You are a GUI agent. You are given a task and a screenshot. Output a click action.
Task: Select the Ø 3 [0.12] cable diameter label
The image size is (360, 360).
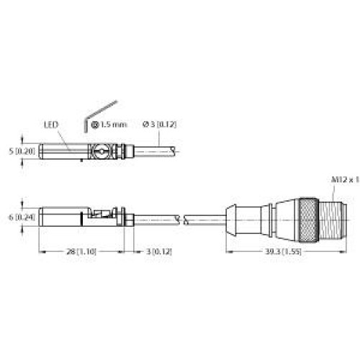pyautogui.click(x=159, y=125)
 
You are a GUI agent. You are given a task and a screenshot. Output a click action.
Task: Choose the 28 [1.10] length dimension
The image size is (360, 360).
pyautogui.click(x=78, y=251)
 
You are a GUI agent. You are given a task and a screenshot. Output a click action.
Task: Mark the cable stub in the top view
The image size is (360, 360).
pyautogui.click(x=155, y=152)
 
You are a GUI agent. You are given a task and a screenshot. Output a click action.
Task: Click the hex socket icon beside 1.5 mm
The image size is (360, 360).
pyautogui.click(x=94, y=125)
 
